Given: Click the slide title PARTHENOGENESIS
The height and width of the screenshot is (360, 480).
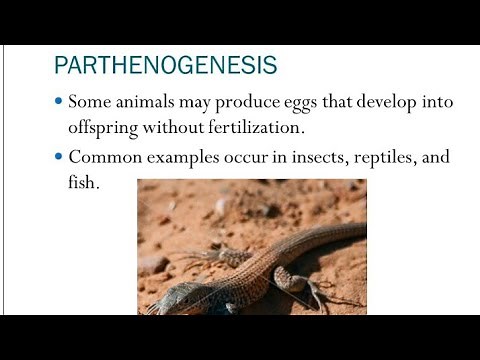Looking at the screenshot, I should coord(165,67).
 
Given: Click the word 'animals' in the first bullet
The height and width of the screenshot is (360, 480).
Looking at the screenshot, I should coord(153,104).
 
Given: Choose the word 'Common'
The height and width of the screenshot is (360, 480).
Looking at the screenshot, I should coord(104,157).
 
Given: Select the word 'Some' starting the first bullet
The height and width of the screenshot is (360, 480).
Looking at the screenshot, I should coord(94,104).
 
